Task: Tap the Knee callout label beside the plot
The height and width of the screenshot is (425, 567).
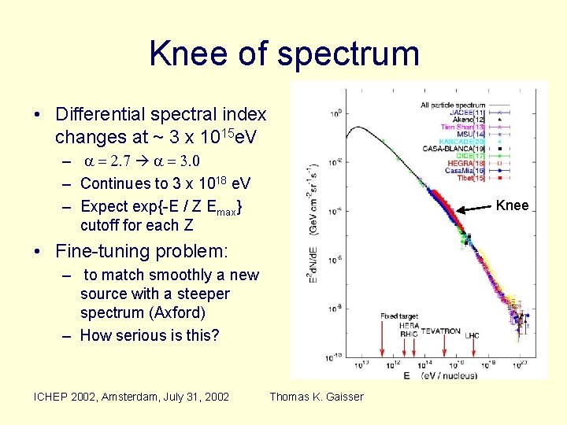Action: (x=512, y=206)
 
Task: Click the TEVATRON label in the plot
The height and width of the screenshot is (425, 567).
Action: (x=440, y=332)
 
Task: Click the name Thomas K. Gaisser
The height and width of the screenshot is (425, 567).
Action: (x=317, y=397)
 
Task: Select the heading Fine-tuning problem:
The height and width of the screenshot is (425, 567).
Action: (x=142, y=252)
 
